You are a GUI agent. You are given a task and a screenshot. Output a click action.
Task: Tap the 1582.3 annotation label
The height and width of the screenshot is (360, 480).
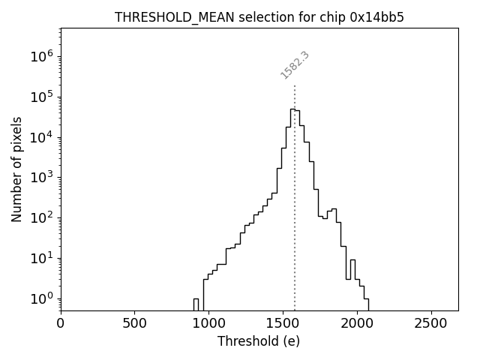tap(295, 65)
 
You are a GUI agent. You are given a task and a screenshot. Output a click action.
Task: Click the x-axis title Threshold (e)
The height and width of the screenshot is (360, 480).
tap(259, 341)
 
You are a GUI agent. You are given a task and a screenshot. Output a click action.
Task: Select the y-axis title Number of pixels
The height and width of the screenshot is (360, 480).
tap(16, 169)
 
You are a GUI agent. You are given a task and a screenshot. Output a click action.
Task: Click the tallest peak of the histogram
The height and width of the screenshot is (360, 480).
tap(292, 109)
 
